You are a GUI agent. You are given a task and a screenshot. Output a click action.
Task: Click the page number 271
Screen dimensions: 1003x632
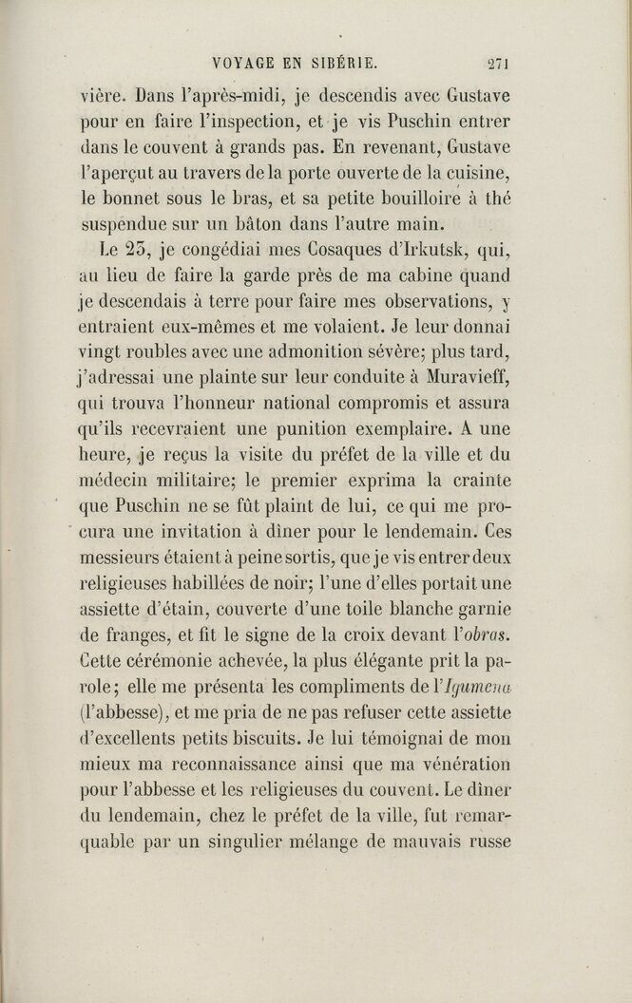point(498,66)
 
